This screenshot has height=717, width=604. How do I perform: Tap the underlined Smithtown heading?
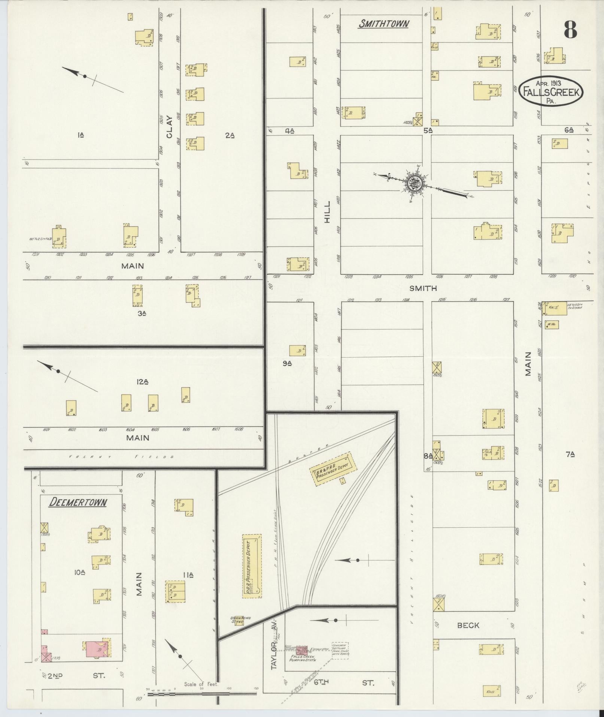(x=383, y=24)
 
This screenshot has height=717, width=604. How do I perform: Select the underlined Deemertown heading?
(x=78, y=502)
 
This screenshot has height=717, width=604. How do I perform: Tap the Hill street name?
(x=327, y=212)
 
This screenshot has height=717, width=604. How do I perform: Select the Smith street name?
(x=423, y=288)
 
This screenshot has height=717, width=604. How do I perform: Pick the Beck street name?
(x=468, y=625)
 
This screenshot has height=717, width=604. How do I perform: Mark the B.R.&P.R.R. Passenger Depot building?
(x=333, y=469)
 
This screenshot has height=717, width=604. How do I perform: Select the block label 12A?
(x=143, y=382)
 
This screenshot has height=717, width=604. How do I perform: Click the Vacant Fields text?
(x=122, y=457)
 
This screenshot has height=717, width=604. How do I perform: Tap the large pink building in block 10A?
(x=97, y=649)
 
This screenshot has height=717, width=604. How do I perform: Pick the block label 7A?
(x=570, y=455)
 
